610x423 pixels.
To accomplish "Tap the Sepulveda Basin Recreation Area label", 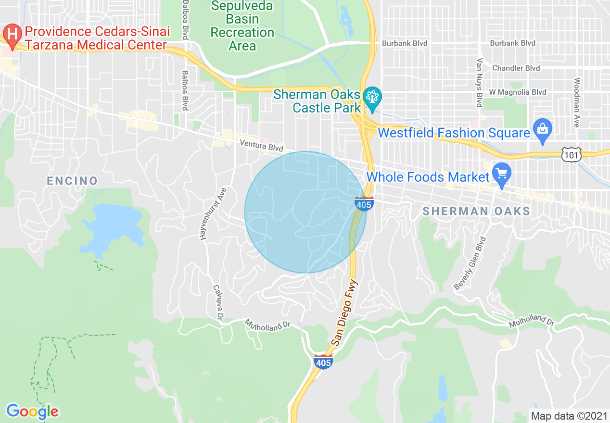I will pos(242,26).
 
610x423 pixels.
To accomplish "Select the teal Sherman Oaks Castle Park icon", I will pos(372,97).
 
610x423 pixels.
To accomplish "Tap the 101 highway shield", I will pos(572,154).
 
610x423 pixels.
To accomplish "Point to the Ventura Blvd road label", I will pos(262,146).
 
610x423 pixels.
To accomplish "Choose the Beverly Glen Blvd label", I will pos(471,263).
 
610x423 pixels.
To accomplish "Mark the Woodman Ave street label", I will pos(577,102).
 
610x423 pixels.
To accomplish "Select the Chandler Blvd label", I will pos(516,68).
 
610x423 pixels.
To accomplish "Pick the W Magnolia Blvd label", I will pos(517,92).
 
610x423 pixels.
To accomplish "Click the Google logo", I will pos(32,411).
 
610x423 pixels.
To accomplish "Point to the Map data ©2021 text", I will pos(569,416).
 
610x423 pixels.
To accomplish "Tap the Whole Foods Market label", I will pos(428,177).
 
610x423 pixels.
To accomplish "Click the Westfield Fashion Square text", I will pos(454,133).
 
